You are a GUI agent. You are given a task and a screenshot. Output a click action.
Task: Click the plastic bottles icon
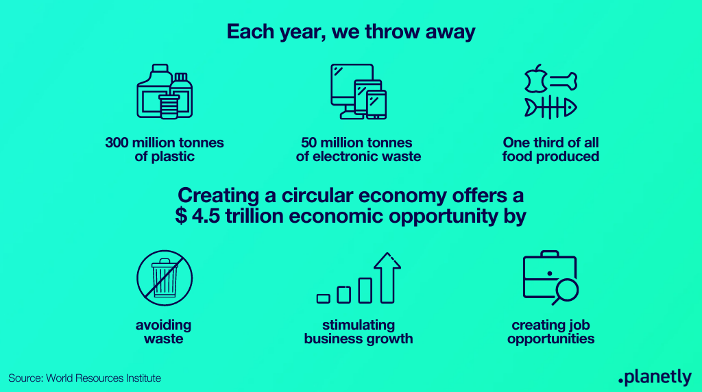pyautogui.click(x=165, y=92)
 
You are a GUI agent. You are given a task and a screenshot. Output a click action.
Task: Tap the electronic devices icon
pyautogui.click(x=358, y=92)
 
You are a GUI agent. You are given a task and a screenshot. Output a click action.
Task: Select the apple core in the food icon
pyautogui.click(x=535, y=79)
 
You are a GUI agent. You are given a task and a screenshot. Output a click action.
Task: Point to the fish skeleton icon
pyautogui.click(x=550, y=108)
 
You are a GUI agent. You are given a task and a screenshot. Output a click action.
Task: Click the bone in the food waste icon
pyautogui.click(x=564, y=82)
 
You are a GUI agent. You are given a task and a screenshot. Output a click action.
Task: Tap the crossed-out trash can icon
pyautogui.click(x=165, y=278)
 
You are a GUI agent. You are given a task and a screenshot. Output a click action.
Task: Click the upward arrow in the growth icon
pyautogui.click(x=387, y=278)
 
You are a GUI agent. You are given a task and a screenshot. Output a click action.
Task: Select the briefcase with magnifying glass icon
pyautogui.click(x=550, y=278)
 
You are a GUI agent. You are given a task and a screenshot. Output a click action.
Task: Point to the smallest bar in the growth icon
pyautogui.click(x=324, y=299)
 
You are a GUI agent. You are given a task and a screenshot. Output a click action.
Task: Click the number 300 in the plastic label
pyautogui.click(x=117, y=143)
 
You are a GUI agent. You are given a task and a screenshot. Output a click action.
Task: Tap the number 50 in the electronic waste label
pyautogui.click(x=309, y=143)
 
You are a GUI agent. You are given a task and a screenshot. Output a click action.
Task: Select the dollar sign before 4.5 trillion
pyautogui.click(x=181, y=216)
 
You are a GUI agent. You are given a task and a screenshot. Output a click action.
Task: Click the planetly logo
pyautogui.click(x=655, y=377)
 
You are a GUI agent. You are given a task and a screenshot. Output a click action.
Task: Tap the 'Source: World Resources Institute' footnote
pyautogui.click(x=84, y=378)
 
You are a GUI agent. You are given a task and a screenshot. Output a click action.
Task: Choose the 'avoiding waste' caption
pyautogui.click(x=164, y=332)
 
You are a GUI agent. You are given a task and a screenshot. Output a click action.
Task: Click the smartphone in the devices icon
pyautogui.click(x=376, y=105)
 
